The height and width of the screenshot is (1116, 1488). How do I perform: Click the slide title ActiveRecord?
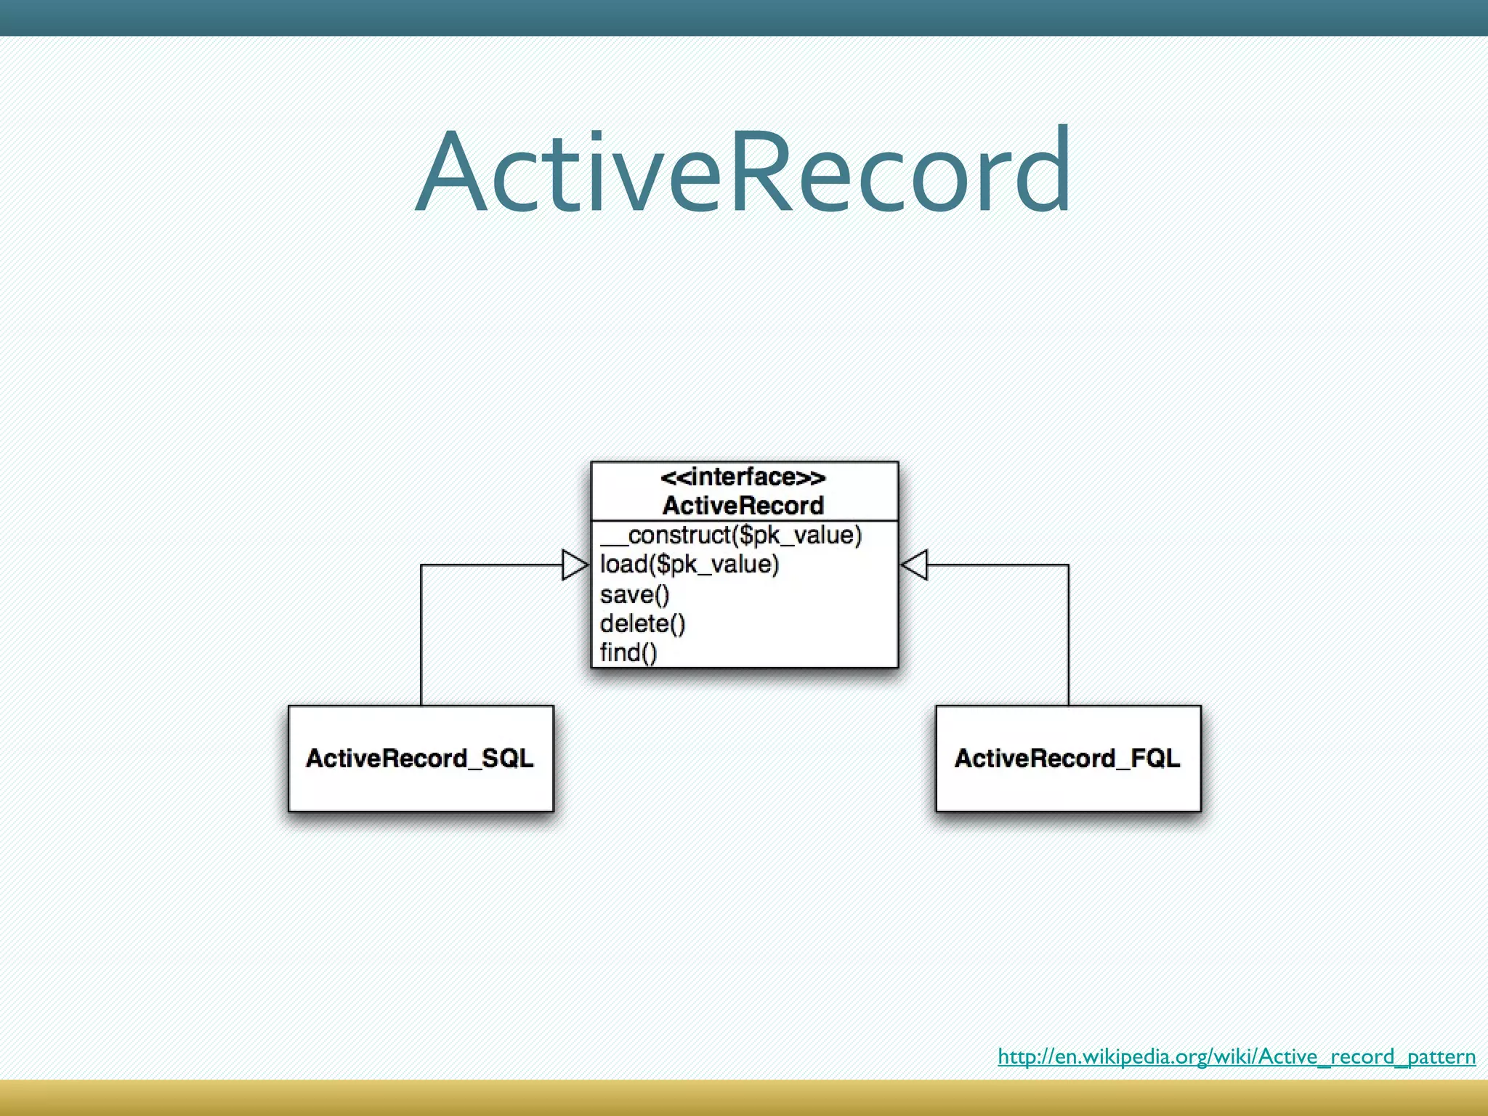pos(743,171)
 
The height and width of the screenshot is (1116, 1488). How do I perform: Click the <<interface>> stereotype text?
pos(743,477)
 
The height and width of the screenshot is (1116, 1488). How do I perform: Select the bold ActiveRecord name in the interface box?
pos(743,506)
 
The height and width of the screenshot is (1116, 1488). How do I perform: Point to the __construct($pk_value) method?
pos(730,535)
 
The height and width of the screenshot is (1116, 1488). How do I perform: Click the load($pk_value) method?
pos(689,565)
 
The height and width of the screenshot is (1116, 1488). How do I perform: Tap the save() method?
pos(634,595)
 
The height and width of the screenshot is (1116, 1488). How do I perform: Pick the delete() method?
pos(642,624)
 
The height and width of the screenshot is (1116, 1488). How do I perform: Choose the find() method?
pos(628,652)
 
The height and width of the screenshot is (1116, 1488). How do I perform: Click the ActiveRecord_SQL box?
pos(421,758)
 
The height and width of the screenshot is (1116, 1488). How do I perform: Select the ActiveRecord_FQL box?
pos(1067,758)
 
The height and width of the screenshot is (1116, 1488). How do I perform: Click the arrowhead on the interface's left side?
pos(575,565)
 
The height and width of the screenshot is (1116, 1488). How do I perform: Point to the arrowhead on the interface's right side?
pos(915,565)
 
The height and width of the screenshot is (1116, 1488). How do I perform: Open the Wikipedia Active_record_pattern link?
pos(1236,1056)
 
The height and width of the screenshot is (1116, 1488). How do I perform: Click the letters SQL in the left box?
pos(508,758)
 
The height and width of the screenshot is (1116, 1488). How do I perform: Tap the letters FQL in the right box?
pos(1155,758)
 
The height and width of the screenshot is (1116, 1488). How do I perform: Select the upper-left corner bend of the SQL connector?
pos(421,565)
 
